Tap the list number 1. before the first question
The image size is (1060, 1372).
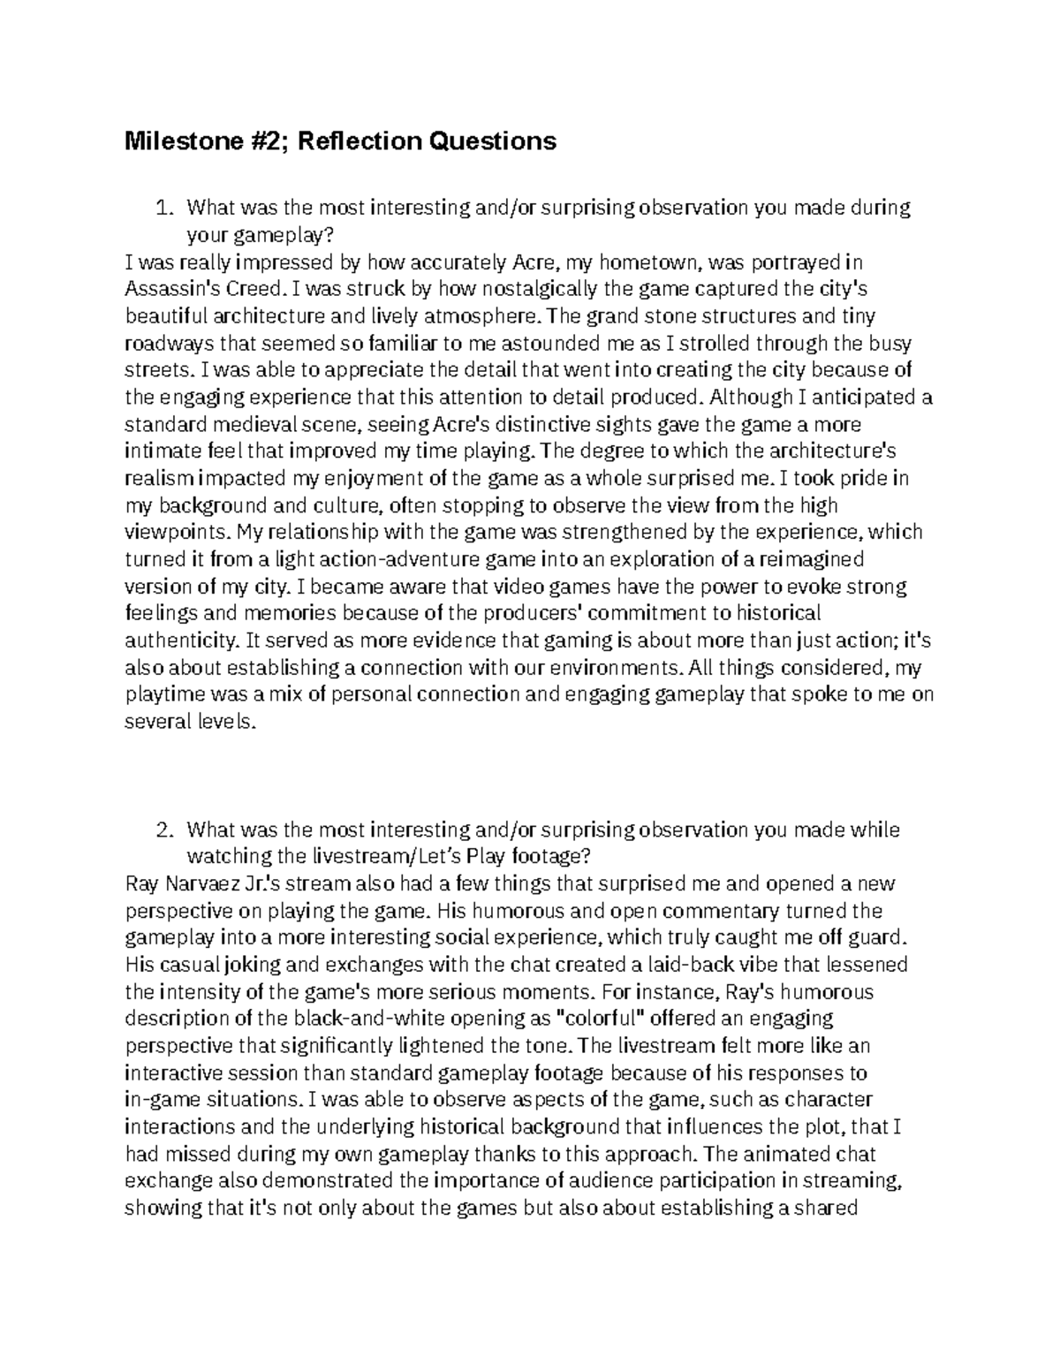(x=164, y=208)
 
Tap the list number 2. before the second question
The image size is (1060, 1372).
(x=164, y=830)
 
